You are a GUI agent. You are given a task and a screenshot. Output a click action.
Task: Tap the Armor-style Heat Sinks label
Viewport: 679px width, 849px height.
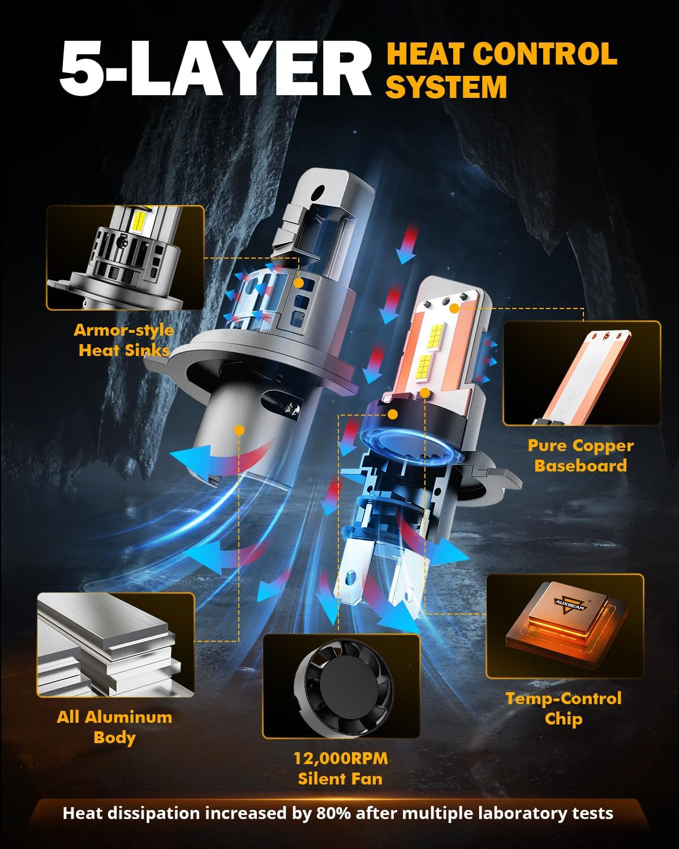[x=124, y=340]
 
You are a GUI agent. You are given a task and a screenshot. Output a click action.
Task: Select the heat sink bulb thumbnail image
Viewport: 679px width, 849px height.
[x=125, y=258]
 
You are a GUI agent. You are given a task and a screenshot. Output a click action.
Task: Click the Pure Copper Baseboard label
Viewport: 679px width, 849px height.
[x=581, y=456]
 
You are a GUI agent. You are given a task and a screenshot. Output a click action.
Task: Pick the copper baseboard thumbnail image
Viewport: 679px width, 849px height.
[x=582, y=374]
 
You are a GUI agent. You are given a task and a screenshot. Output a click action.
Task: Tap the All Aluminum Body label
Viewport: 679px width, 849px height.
[x=114, y=727]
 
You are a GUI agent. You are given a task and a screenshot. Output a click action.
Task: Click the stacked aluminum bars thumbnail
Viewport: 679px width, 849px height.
[x=116, y=645]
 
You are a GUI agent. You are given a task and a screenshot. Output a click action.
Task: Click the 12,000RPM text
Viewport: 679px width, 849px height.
[x=341, y=758]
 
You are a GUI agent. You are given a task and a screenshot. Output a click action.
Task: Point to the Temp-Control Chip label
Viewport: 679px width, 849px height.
[x=564, y=709]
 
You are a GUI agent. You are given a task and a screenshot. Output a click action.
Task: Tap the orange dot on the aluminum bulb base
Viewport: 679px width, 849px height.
[x=239, y=430]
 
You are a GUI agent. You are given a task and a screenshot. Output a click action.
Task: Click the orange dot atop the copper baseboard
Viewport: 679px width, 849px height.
[x=454, y=308]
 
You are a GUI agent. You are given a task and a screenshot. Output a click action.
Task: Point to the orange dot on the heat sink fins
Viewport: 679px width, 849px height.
[x=299, y=281]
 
